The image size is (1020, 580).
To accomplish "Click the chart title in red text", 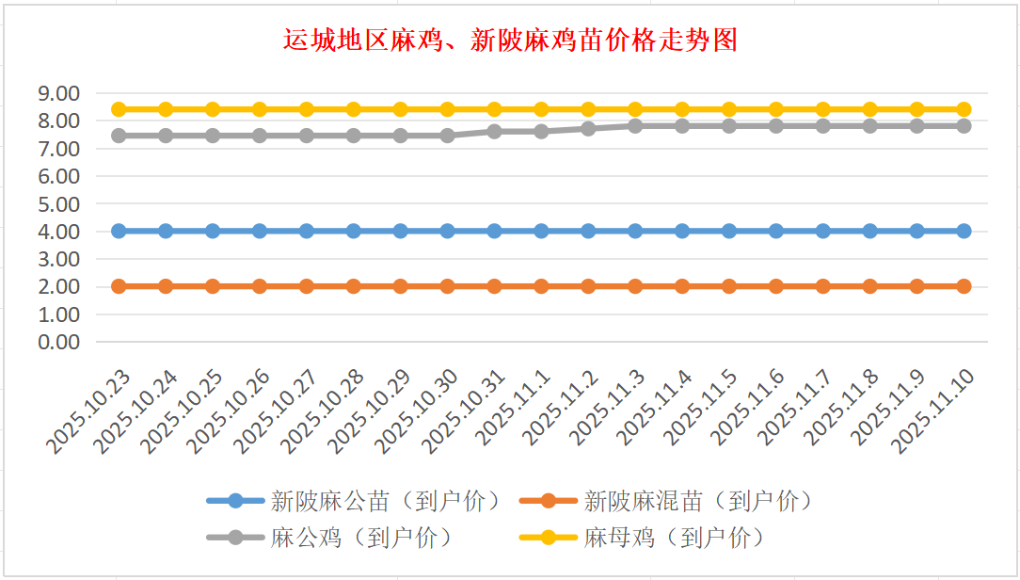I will pyautogui.click(x=509, y=40).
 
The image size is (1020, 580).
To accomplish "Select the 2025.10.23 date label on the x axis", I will pyautogui.click(x=89, y=411).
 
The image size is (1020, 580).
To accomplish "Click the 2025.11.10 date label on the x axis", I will pyautogui.click(x=935, y=411).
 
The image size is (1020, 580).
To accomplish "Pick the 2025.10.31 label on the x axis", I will pyautogui.click(x=466, y=411).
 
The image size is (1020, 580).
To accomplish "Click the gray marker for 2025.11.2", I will pyautogui.click(x=588, y=128).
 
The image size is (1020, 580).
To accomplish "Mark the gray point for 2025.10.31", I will pyautogui.click(x=495, y=131).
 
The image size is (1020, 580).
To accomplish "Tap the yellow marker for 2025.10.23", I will pyautogui.click(x=119, y=109).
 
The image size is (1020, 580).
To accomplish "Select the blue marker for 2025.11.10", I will pyautogui.click(x=964, y=231).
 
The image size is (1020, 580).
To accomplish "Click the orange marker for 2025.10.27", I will pyautogui.click(x=307, y=286).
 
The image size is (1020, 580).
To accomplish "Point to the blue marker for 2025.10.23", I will pyautogui.click(x=119, y=231).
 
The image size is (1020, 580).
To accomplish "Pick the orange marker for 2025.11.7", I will pyautogui.click(x=823, y=286).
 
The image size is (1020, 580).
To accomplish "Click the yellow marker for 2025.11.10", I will pyautogui.click(x=964, y=109).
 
